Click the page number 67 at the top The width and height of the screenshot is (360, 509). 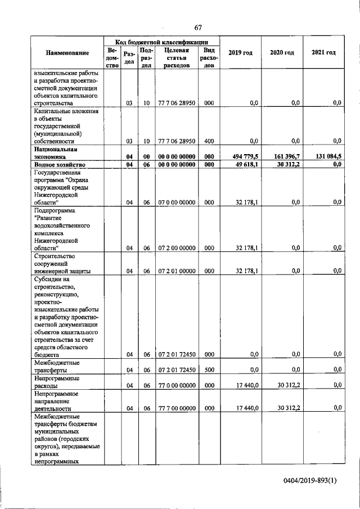pyautogui.click(x=198, y=28)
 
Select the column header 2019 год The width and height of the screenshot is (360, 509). pyautogui.click(x=240, y=53)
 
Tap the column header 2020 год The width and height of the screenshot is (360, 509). pyautogui.click(x=282, y=53)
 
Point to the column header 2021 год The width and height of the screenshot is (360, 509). pyautogui.click(x=323, y=53)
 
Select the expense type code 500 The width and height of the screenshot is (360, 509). pyautogui.click(x=209, y=370)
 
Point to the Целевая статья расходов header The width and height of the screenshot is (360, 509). pyautogui.click(x=176, y=57)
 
